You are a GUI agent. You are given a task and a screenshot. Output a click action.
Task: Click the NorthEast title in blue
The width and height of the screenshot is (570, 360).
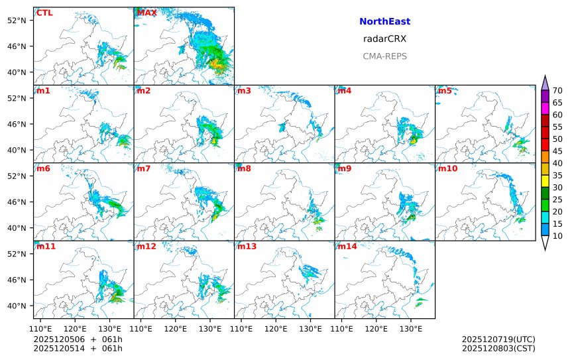point(384,22)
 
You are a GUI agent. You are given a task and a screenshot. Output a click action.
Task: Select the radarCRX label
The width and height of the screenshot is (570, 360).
point(384,38)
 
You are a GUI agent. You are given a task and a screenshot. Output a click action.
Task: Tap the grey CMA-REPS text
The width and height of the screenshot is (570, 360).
point(384,56)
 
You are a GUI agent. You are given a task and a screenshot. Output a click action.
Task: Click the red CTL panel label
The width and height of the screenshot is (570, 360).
point(44,13)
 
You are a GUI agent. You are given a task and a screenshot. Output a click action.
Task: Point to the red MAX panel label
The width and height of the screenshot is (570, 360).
point(146,13)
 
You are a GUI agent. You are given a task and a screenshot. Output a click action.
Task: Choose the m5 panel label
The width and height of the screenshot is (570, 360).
point(445,91)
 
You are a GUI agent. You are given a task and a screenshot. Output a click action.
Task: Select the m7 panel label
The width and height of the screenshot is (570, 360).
point(144,168)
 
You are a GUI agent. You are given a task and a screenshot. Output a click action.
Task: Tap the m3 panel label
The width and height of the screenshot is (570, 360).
point(244,91)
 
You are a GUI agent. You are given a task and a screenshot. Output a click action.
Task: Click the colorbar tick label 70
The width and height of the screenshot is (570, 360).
point(557,90)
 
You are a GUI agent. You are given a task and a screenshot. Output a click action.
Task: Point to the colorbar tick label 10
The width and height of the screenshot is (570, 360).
point(557,236)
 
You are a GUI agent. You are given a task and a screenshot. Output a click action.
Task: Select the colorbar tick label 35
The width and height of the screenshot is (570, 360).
point(557,175)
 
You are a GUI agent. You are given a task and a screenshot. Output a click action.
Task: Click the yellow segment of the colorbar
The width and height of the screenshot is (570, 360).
point(545,181)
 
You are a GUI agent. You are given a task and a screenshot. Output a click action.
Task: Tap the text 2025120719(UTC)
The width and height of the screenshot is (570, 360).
point(498,339)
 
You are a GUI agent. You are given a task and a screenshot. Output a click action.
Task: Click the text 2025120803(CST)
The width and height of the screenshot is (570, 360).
point(498,348)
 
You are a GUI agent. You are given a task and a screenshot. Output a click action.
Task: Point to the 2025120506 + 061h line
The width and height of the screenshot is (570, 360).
point(78,339)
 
